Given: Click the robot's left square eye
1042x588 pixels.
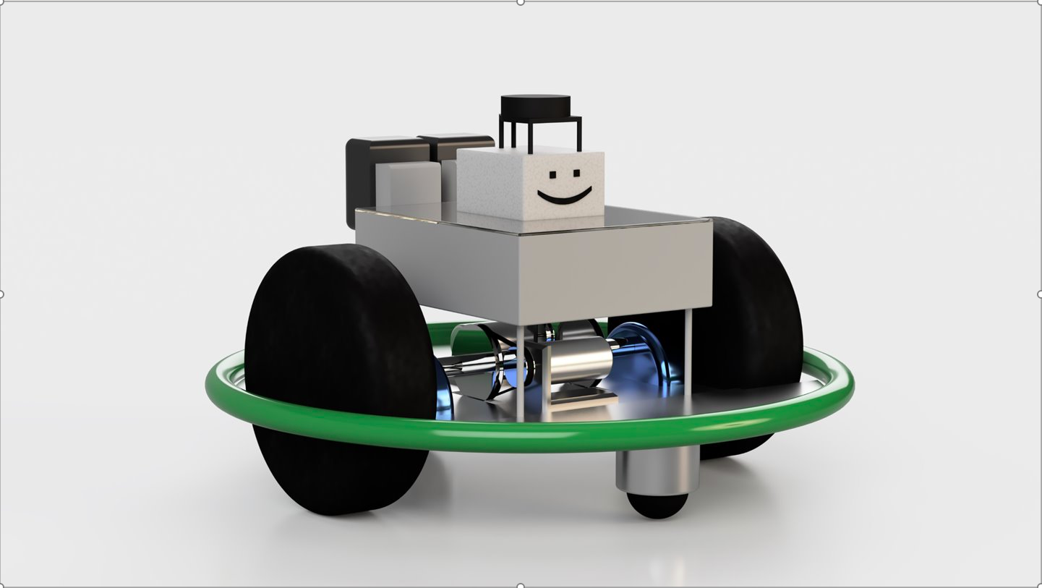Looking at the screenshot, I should coord(553,175).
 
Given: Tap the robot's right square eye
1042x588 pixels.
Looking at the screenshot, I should coord(576,174).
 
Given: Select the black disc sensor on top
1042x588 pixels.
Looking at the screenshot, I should coord(535,106).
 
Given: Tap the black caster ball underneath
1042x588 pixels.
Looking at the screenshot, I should coord(657,506).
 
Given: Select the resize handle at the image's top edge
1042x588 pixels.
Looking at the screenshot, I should coord(521,2).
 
